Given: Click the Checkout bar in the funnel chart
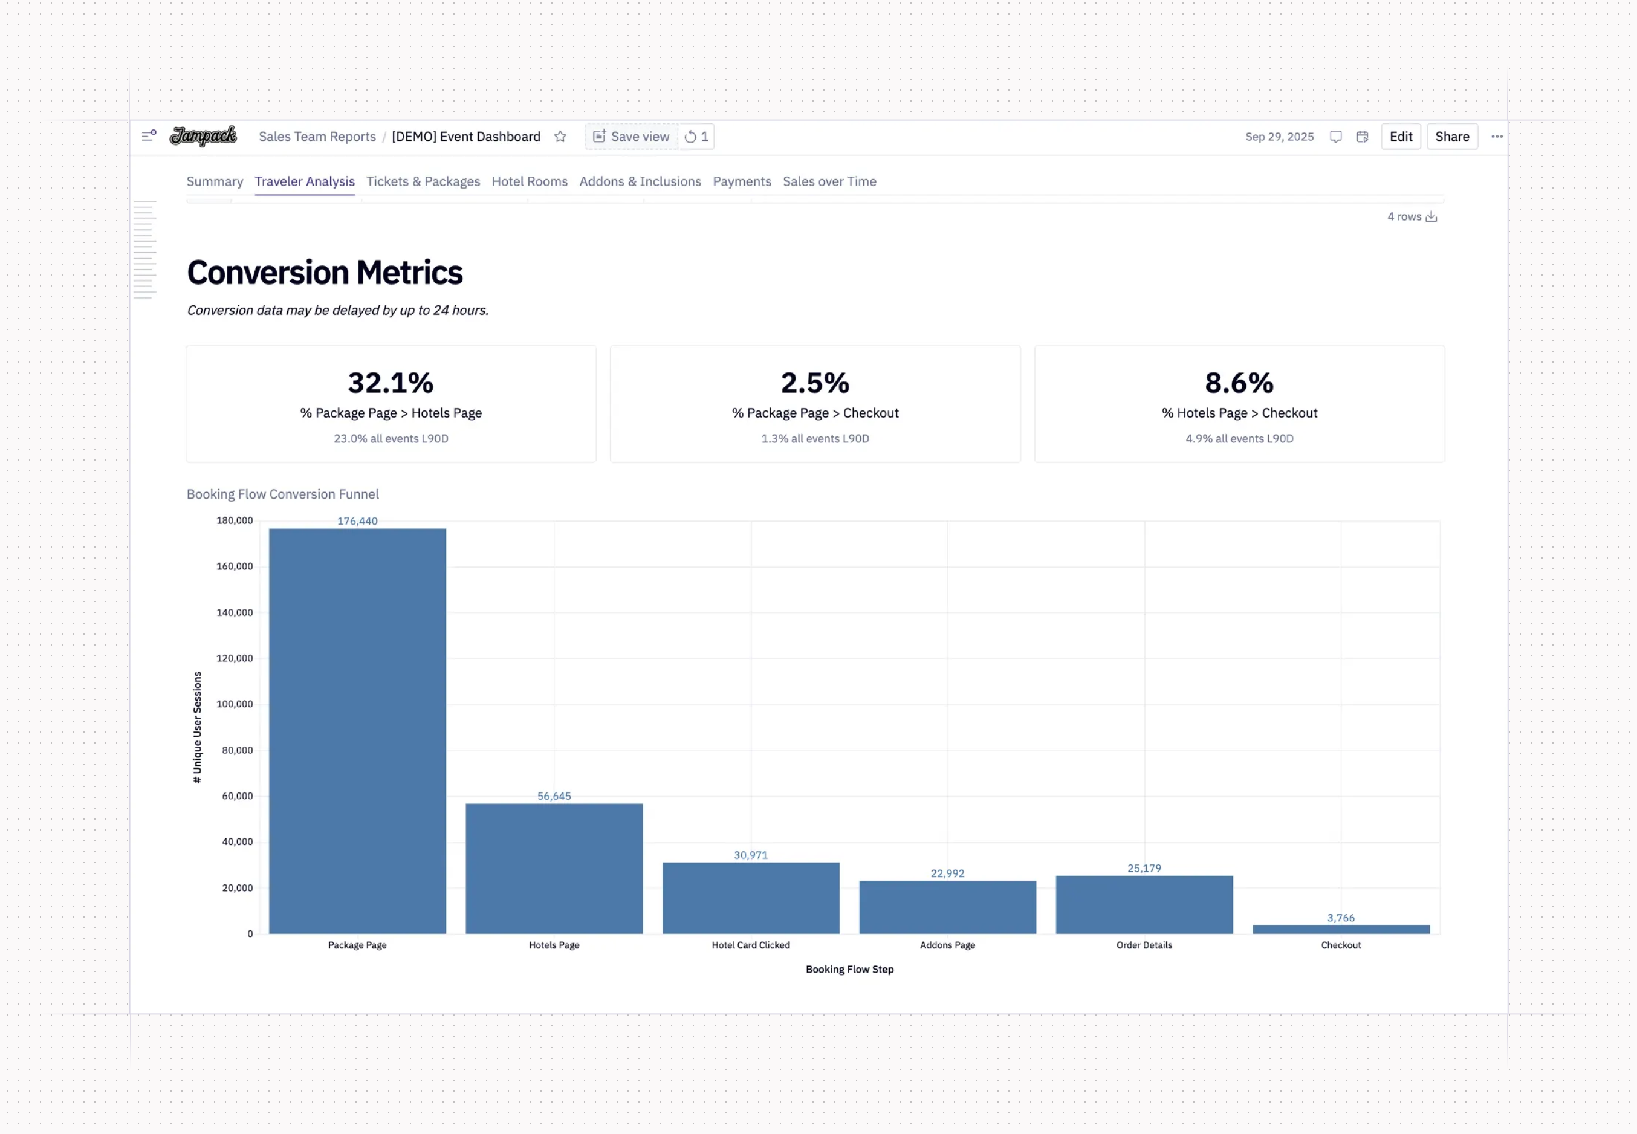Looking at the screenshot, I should [x=1341, y=928].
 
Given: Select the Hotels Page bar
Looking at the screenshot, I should [x=554, y=868].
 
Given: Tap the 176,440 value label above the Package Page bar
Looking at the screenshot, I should [x=357, y=521].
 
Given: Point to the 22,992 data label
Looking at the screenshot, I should [x=947, y=873].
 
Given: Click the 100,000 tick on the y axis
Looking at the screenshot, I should [x=235, y=704].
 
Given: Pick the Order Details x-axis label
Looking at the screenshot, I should [x=1144, y=945].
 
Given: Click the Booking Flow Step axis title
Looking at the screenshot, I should [x=849, y=969].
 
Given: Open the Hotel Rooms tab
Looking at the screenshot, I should [x=530, y=181].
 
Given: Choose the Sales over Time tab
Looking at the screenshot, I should [x=829, y=181].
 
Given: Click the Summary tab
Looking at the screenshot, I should [x=215, y=181].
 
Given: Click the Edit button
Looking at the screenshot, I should [x=1401, y=137].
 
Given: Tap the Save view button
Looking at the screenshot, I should [x=632, y=137].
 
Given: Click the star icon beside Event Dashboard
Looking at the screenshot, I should [x=560, y=137].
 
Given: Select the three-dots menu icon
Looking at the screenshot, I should [x=1497, y=137].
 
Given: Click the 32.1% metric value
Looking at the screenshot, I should [x=391, y=383].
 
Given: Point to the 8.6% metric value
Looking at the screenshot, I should [x=1239, y=383].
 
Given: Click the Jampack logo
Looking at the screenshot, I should [x=203, y=136].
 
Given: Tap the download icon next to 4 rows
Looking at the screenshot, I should [x=1431, y=217].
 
